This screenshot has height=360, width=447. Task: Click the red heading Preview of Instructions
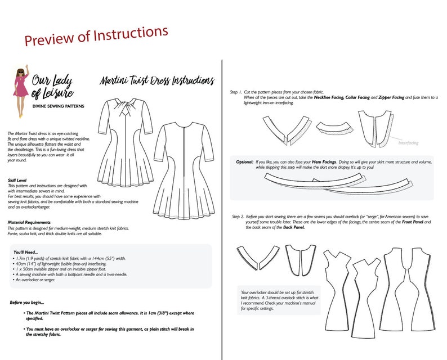pyautogui.click(x=96, y=37)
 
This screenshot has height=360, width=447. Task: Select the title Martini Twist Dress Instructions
pyautogui.click(x=155, y=80)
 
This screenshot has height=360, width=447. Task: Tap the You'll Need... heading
pyautogui.click(x=26, y=252)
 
